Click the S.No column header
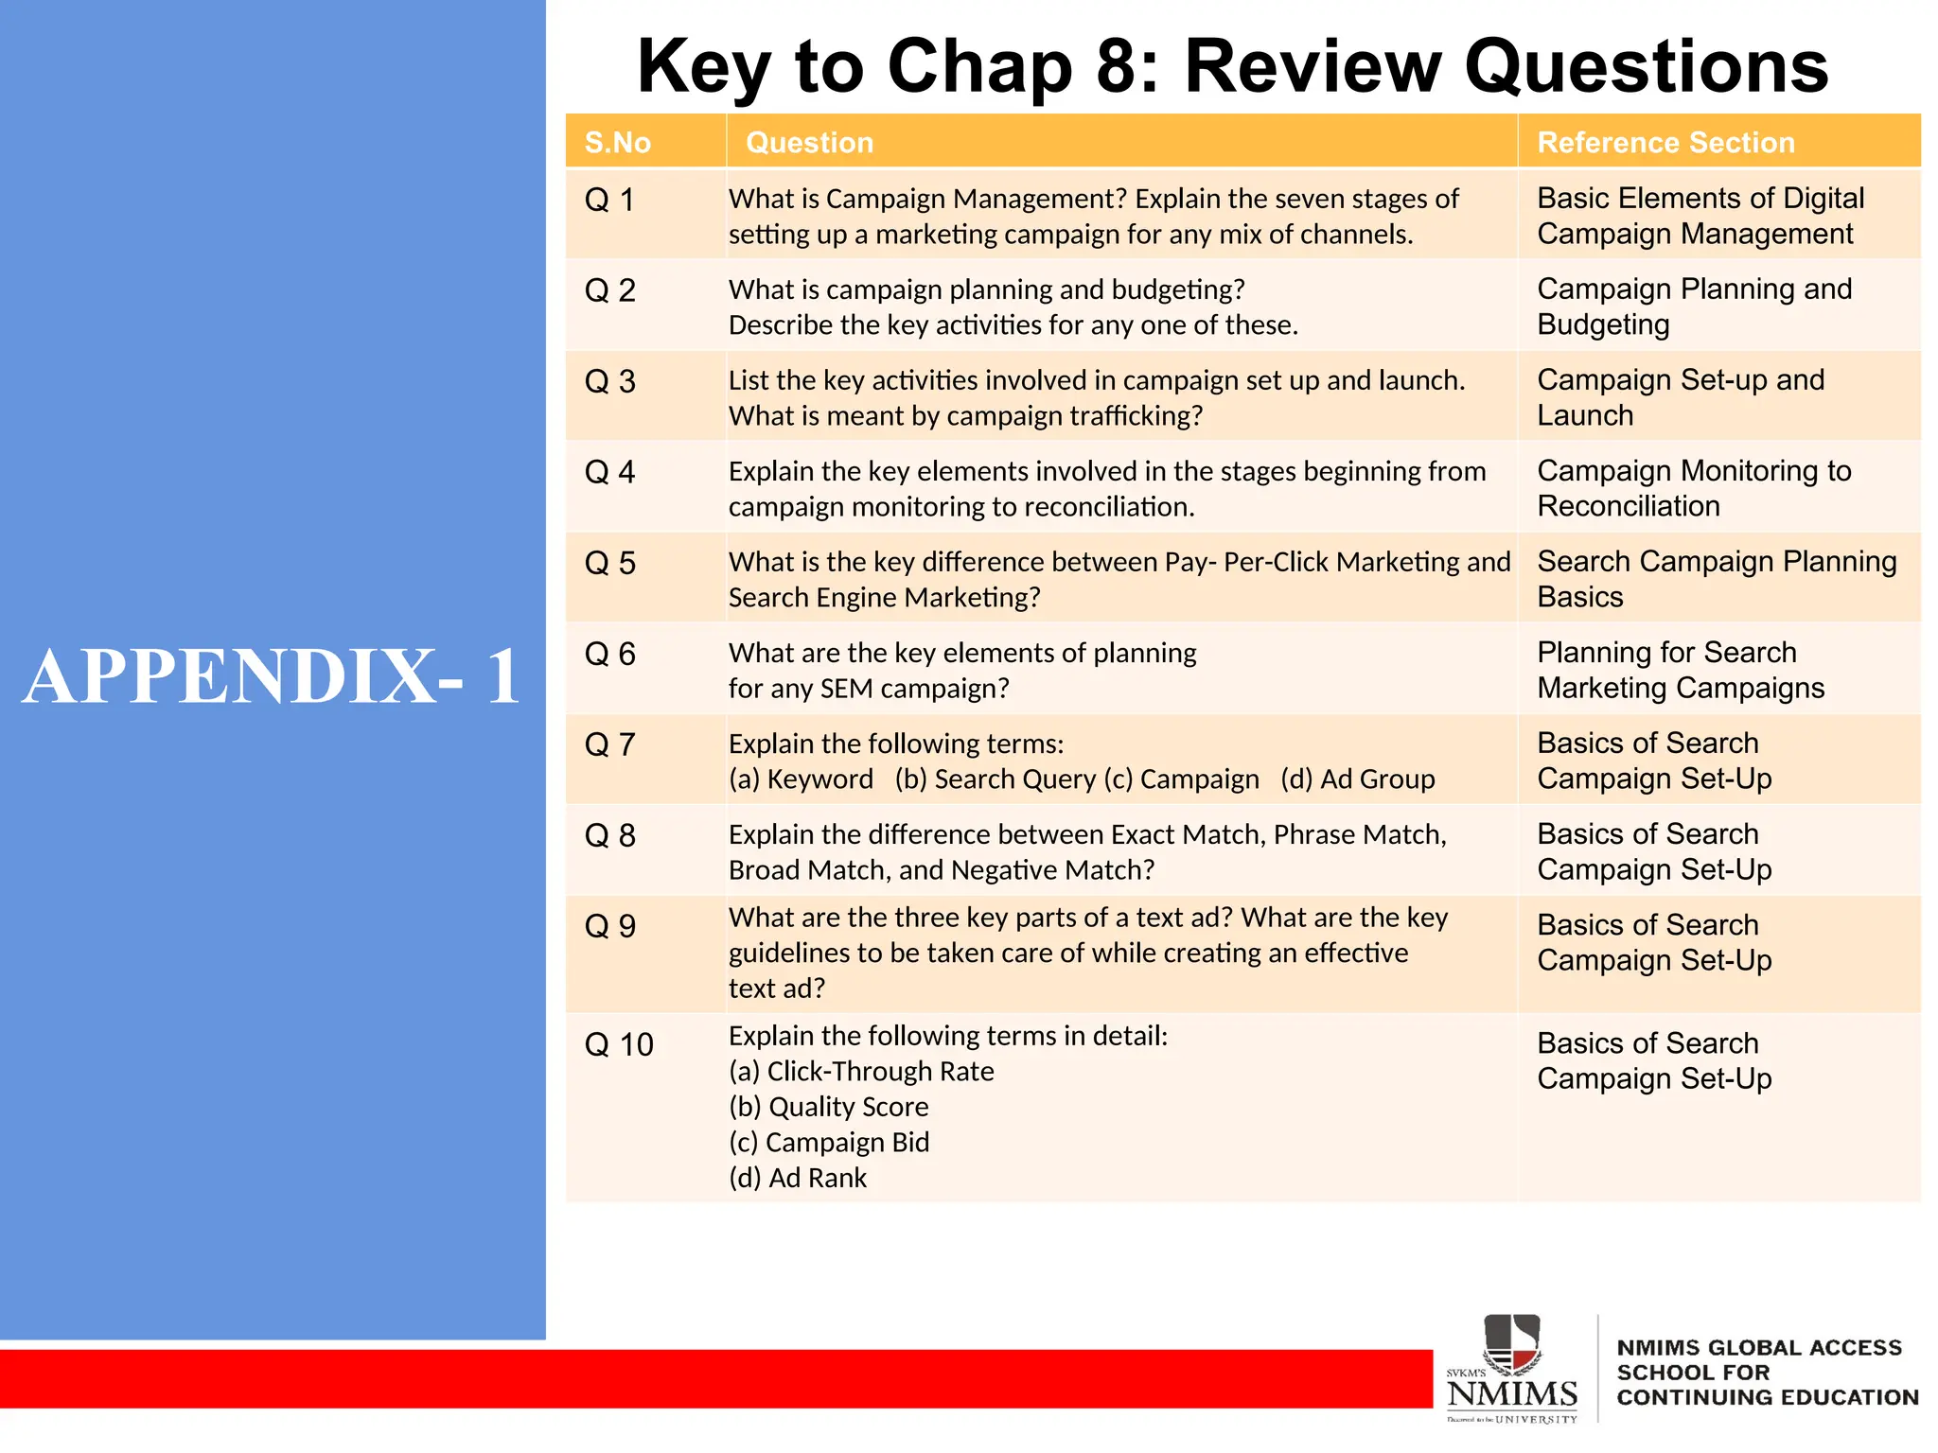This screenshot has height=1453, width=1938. (618, 143)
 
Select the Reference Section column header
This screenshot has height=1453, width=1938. (1665, 143)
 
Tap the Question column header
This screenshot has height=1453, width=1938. (809, 143)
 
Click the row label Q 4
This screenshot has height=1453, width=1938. (609, 472)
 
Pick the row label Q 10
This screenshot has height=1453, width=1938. (619, 1044)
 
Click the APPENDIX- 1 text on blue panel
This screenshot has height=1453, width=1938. (272, 676)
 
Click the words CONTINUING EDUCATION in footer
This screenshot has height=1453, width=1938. (1767, 1397)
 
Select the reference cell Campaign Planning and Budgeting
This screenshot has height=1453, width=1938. (1694, 306)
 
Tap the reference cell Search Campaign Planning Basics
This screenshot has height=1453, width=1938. (1716, 579)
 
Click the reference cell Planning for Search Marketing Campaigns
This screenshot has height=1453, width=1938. (1680, 670)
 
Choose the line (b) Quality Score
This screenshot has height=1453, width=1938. (828, 1107)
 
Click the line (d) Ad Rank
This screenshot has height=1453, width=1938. (797, 1178)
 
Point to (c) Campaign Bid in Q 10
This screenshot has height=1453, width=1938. (828, 1143)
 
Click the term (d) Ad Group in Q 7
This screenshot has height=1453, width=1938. (1357, 779)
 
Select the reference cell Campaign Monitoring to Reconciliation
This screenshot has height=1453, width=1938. (1693, 488)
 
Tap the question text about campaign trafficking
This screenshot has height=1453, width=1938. (965, 416)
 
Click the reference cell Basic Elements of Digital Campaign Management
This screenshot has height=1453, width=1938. (1700, 216)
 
